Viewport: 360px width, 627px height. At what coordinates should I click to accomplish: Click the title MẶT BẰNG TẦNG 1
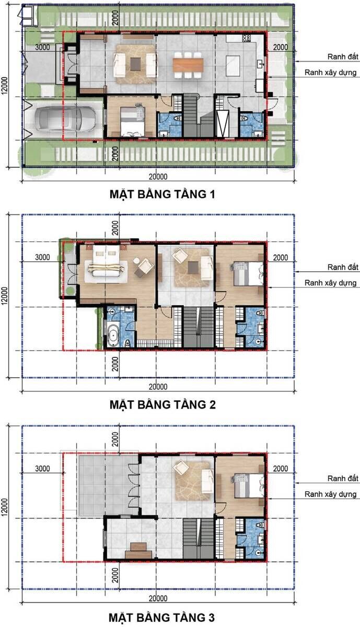[162, 194]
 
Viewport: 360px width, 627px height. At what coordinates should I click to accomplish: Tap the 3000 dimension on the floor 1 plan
[42, 47]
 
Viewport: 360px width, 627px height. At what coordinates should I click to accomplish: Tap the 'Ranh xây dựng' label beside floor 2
[331, 283]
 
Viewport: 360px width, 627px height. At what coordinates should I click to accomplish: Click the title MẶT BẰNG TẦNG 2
[162, 404]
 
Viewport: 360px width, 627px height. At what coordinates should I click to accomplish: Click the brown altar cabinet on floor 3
[138, 550]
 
